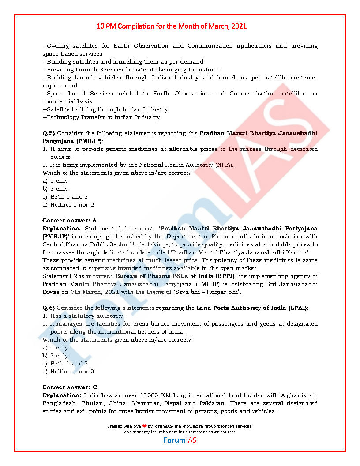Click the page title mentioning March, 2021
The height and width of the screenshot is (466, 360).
[x=172, y=26]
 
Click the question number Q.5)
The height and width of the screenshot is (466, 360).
[x=49, y=133]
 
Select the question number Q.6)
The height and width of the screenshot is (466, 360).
[x=49, y=308]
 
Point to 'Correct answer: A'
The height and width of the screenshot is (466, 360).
[x=69, y=220]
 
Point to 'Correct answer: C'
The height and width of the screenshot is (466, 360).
[x=70, y=387]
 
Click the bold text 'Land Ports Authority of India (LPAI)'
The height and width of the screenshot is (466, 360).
[x=252, y=308]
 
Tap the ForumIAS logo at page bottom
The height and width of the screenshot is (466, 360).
[x=180, y=440]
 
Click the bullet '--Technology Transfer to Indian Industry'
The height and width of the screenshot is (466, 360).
[x=101, y=117]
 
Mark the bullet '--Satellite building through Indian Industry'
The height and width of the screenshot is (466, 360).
[x=105, y=109]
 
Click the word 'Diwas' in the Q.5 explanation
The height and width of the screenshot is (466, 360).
[x=52, y=292]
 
